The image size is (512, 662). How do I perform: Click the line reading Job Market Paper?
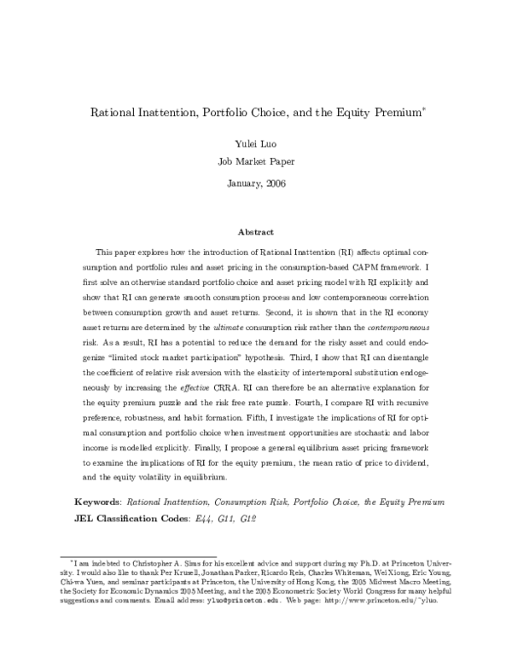(x=255, y=160)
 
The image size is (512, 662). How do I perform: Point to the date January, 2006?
(x=255, y=183)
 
